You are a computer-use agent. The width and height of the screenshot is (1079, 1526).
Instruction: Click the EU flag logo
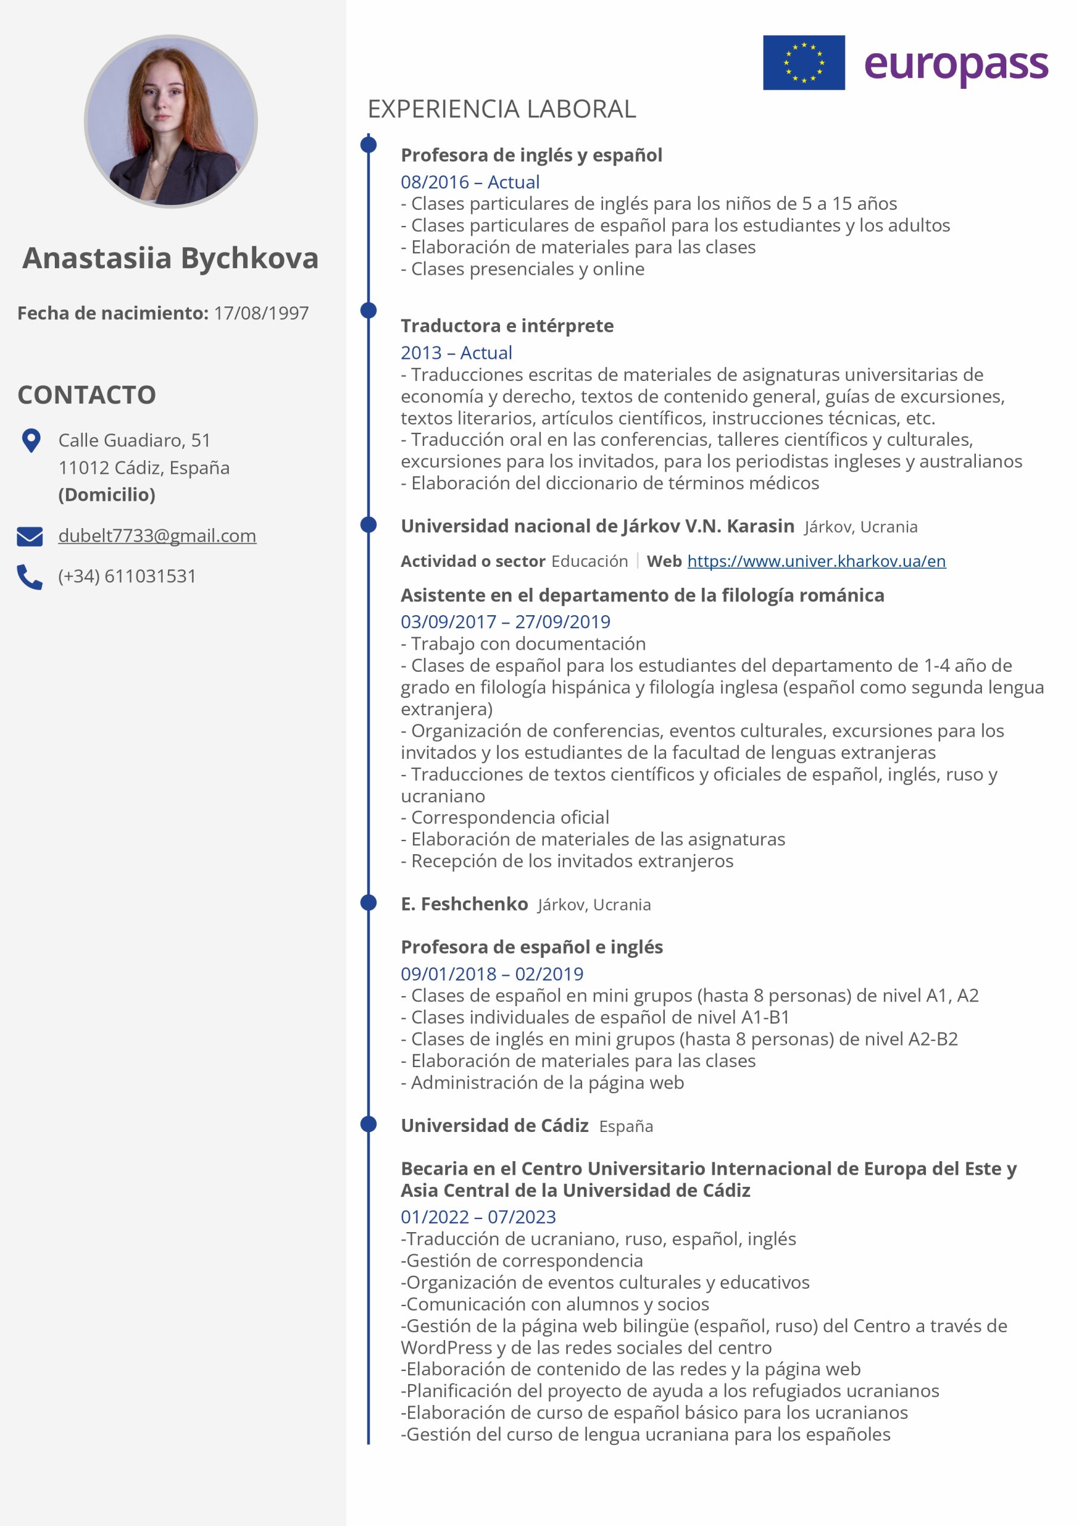tap(803, 63)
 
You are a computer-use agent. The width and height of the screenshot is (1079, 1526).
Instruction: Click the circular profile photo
tap(171, 122)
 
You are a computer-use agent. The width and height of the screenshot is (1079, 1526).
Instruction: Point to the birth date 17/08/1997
tap(261, 313)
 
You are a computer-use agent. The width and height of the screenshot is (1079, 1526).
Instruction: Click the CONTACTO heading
tap(86, 395)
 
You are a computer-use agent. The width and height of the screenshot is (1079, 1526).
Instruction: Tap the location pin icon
tap(30, 441)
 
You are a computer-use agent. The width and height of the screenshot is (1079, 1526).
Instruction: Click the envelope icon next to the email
tap(30, 536)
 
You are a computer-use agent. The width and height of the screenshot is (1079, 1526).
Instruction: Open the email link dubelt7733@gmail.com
tap(157, 536)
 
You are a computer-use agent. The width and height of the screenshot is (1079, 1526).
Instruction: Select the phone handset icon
tap(30, 577)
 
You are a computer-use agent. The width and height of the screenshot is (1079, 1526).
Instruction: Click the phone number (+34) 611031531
tap(127, 576)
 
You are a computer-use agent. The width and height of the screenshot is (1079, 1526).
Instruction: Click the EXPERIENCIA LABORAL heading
tap(502, 109)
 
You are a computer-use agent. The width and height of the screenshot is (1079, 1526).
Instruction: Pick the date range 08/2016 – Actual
tap(469, 182)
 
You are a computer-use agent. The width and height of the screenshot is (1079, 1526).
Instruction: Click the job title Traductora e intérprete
tap(507, 325)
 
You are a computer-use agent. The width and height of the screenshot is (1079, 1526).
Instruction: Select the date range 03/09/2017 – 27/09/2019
tap(505, 622)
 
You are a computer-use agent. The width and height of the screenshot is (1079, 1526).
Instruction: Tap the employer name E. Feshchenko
tap(464, 904)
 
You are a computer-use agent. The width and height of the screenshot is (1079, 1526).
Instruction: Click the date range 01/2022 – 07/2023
tap(478, 1217)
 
